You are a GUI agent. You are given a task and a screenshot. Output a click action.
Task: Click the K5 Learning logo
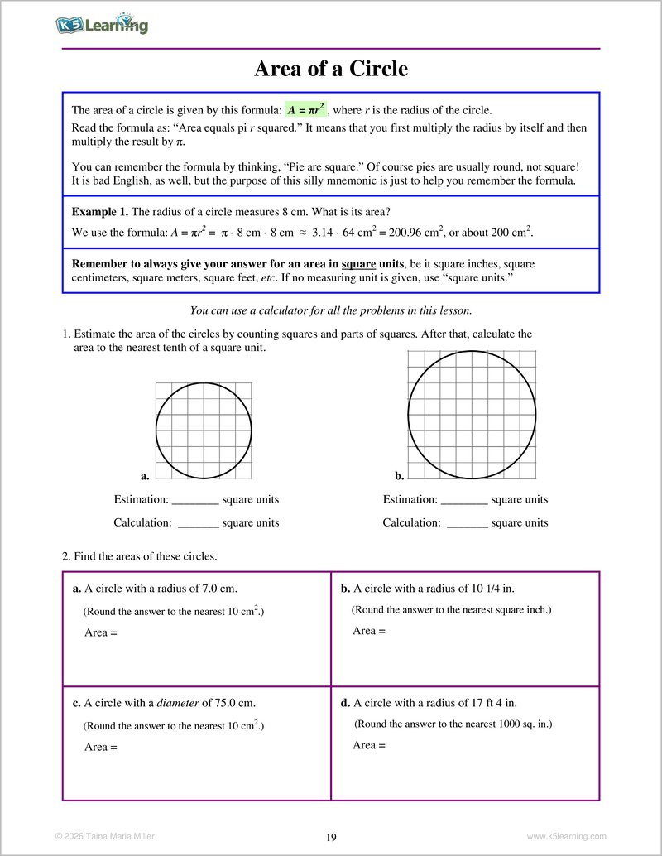pyautogui.click(x=102, y=26)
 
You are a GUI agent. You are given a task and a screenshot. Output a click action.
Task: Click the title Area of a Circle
pyautogui.click(x=331, y=69)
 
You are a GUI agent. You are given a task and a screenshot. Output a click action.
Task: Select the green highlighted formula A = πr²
pyautogui.click(x=306, y=110)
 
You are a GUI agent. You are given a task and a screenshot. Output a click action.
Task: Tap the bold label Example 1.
pyautogui.click(x=99, y=211)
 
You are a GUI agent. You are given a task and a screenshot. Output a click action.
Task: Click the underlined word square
pyautogui.click(x=358, y=264)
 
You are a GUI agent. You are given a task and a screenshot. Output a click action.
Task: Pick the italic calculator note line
pyautogui.click(x=331, y=310)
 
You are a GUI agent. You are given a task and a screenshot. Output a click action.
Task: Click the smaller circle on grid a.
pyautogui.click(x=204, y=430)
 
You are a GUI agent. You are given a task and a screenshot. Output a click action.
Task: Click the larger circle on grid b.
pyautogui.click(x=472, y=414)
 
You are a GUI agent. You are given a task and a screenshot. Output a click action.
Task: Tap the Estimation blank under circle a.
pyautogui.click(x=195, y=500)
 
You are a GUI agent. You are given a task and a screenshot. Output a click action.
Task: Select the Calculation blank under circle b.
pyautogui.click(x=468, y=523)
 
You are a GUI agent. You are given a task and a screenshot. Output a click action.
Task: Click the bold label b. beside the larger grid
pyautogui.click(x=399, y=476)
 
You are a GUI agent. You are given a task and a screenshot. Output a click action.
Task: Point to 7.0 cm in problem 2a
pyautogui.click(x=219, y=589)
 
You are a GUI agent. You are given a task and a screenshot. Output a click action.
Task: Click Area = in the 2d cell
pyautogui.click(x=369, y=745)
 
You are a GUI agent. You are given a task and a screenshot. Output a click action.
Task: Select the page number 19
pyautogui.click(x=331, y=837)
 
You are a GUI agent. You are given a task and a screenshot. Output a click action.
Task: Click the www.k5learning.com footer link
pyautogui.click(x=566, y=836)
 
